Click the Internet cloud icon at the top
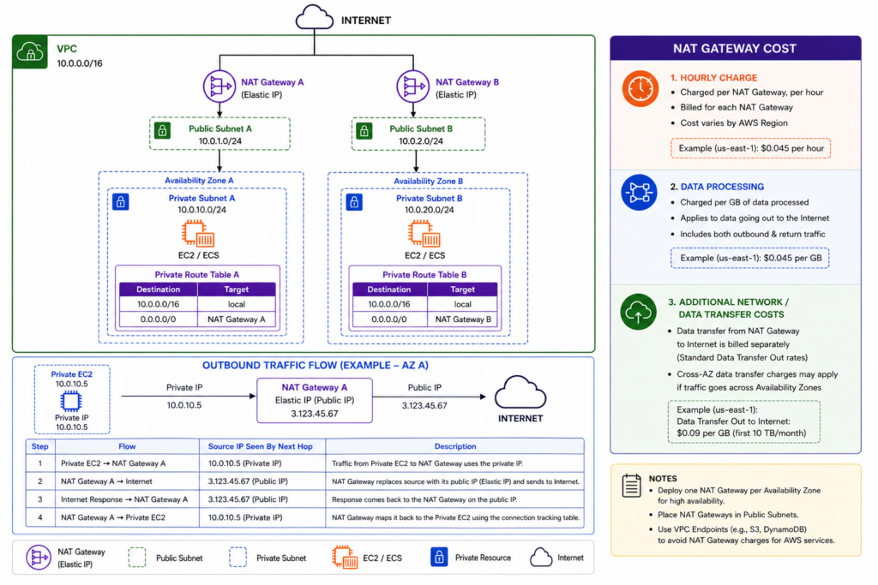(314, 17)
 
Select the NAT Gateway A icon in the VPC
(219, 87)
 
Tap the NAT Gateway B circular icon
(412, 87)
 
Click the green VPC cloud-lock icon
(30, 52)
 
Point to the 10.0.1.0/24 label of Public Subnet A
(220, 141)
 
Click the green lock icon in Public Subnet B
(364, 131)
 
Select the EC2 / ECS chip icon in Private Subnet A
(198, 234)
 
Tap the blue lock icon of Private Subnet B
(354, 202)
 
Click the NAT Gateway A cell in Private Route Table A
(237, 319)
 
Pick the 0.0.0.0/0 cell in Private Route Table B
(389, 319)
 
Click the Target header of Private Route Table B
(462, 290)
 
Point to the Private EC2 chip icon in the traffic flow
(70, 401)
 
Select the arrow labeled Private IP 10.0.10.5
(189, 396)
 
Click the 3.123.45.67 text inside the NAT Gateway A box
(314, 414)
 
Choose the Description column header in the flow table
(455, 446)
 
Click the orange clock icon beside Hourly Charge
(640, 88)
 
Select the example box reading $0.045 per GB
(750, 259)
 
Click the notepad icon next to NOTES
(632, 486)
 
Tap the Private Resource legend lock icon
(439, 557)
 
